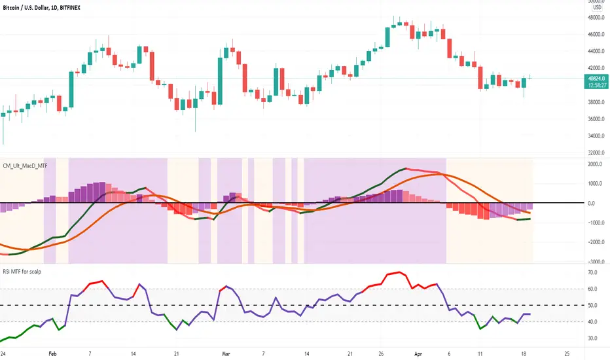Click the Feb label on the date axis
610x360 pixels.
pos(52,353)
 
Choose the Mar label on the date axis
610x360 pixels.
pos(226,353)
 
